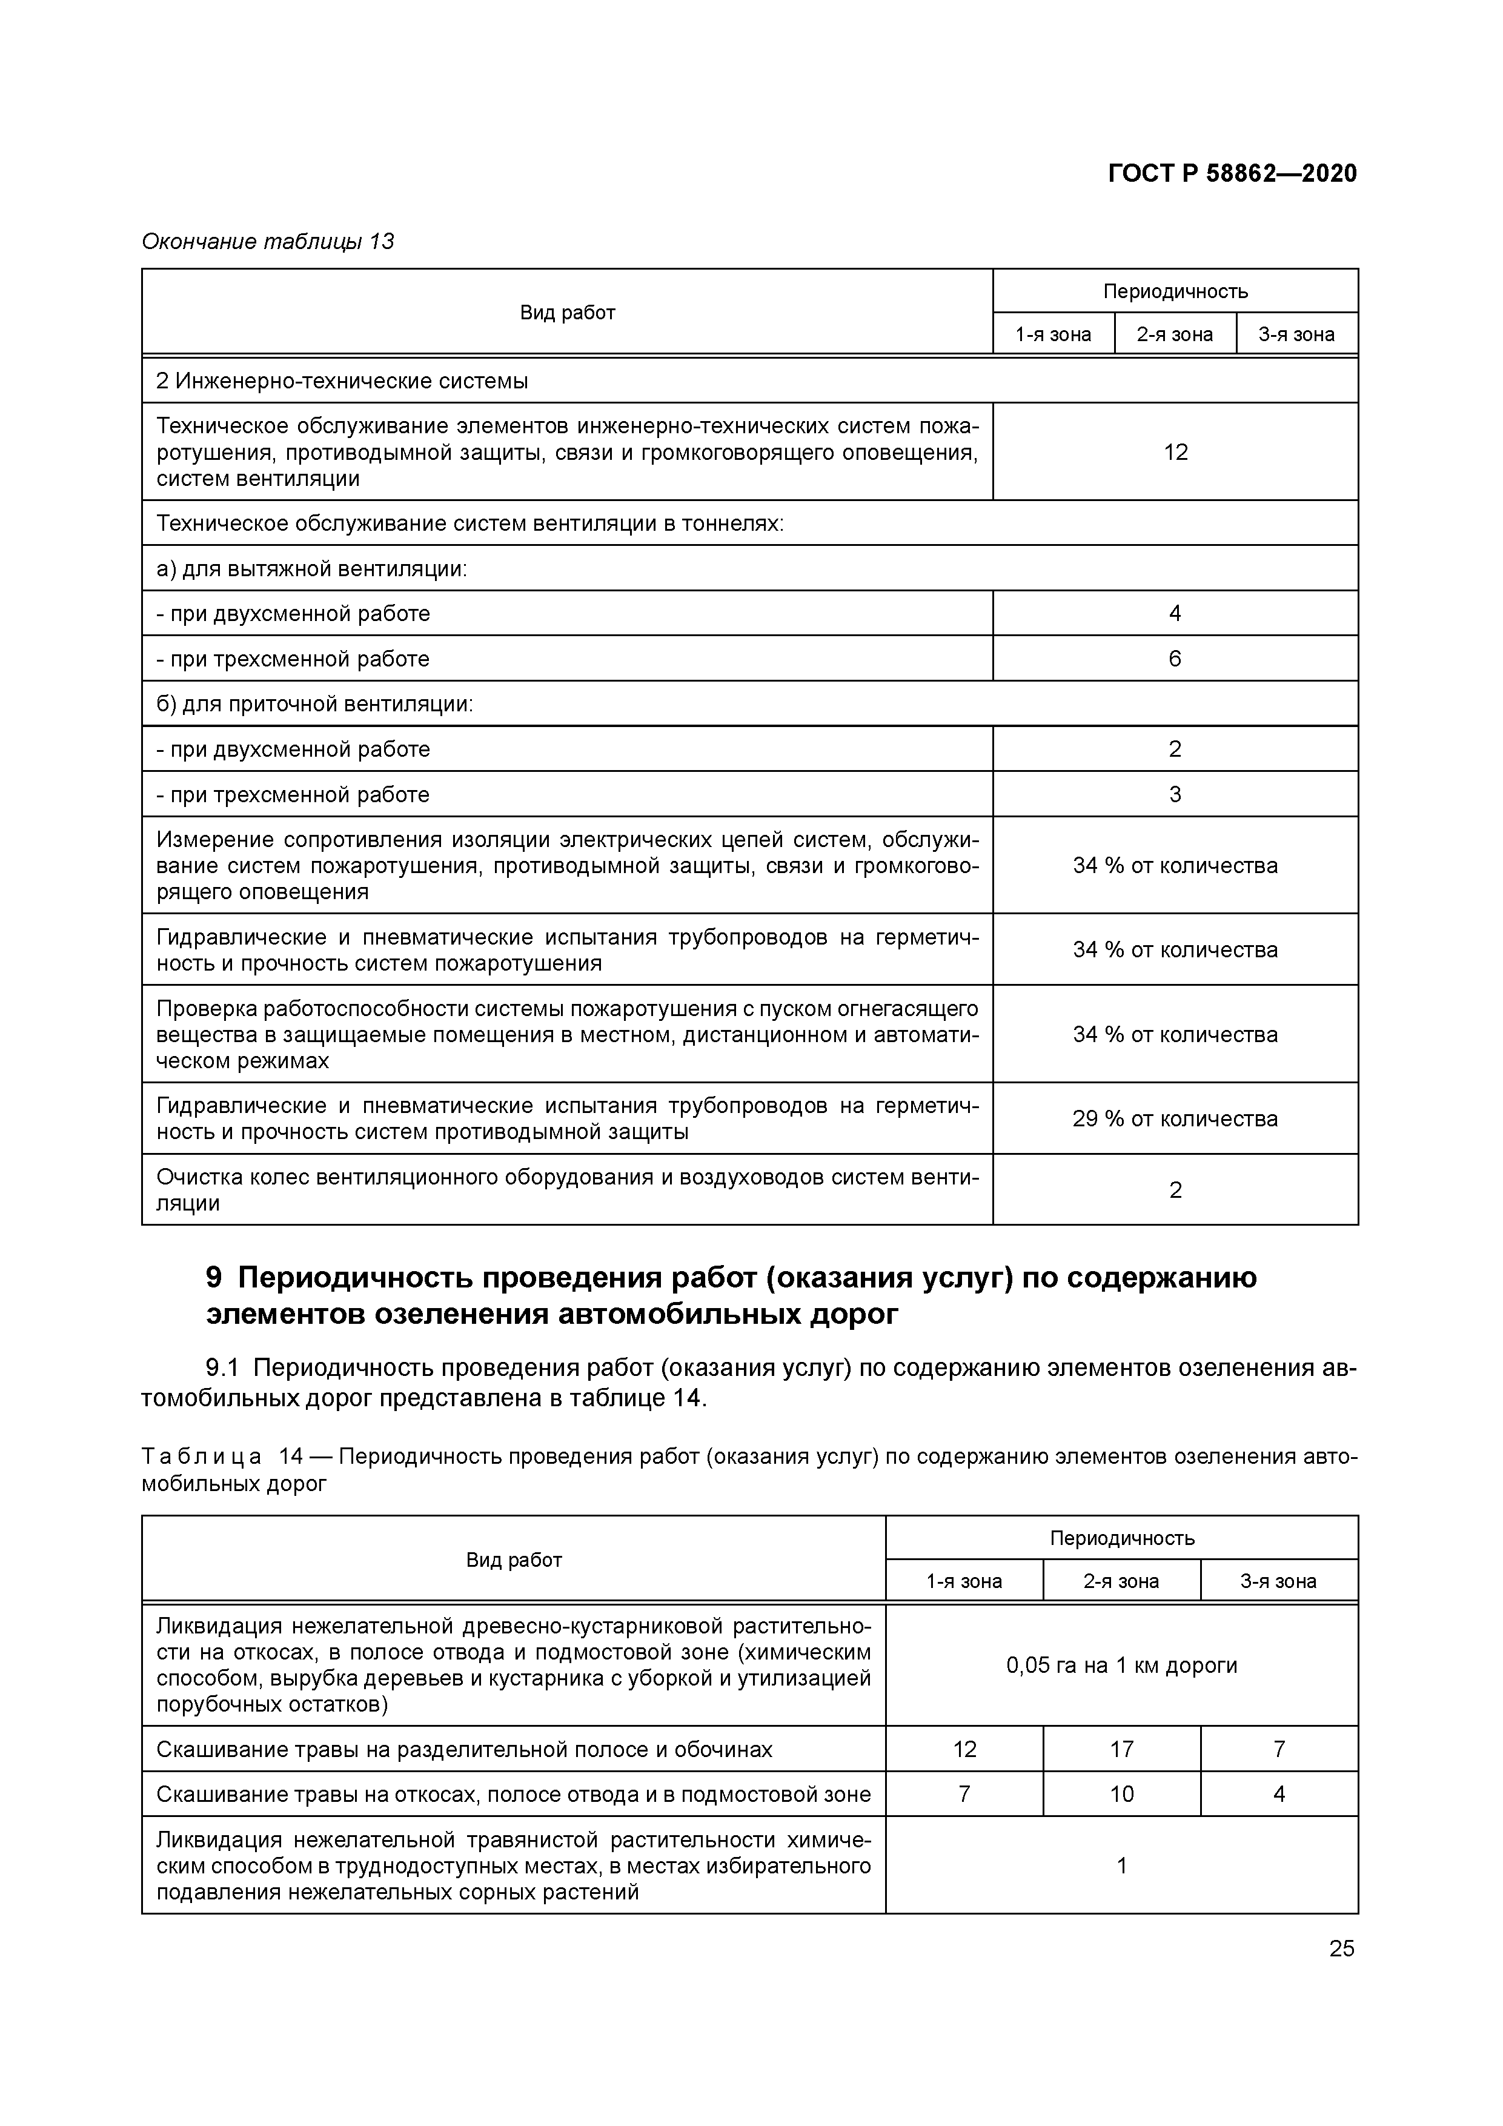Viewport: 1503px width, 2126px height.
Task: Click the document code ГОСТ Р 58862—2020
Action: (x=1232, y=173)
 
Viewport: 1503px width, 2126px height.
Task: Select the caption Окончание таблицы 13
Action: (x=268, y=242)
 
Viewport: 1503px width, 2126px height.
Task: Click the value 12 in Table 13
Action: (x=1175, y=452)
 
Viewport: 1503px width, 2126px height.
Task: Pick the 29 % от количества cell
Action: (x=1175, y=1118)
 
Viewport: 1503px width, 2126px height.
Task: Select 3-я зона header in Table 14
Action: (x=1278, y=1581)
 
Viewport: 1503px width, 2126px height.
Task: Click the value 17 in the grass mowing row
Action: (x=1121, y=1749)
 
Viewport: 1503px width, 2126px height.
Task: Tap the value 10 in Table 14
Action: (x=1121, y=1795)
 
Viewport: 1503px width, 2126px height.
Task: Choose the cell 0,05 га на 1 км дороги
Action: (x=1121, y=1665)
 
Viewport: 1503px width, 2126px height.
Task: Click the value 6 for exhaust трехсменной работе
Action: (x=1175, y=659)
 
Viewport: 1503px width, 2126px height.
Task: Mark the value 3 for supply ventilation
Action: (x=1175, y=794)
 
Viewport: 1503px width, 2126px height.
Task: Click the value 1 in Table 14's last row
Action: (x=1121, y=1866)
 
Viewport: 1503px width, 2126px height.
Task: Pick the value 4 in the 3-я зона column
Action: (x=1279, y=1795)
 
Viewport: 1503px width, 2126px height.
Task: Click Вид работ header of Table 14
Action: (x=514, y=1560)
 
